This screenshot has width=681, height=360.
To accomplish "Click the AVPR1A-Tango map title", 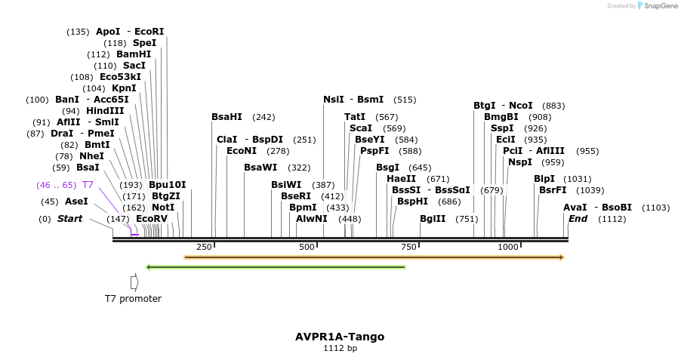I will point(340,337).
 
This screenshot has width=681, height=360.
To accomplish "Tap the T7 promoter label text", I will point(133,298).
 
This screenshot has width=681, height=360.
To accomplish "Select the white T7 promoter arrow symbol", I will point(134,282).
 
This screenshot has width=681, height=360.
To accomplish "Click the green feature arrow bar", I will point(276,266).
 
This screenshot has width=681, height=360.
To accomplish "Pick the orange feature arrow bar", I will point(374,257).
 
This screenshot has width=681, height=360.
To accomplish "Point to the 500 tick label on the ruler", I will point(307,247).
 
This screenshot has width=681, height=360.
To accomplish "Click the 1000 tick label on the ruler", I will point(508,247).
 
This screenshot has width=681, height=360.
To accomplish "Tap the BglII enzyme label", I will point(433,219).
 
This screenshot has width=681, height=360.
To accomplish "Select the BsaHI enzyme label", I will point(226,117).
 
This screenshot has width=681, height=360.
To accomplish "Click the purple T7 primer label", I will point(88,185).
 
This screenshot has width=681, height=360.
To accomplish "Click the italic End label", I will point(578,219).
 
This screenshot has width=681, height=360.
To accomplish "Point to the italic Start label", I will point(69,219).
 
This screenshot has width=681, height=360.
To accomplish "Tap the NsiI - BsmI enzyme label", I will point(353,100).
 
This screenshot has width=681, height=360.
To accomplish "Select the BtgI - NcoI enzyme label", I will point(503,106).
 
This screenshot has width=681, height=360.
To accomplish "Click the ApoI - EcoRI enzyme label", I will point(130,32).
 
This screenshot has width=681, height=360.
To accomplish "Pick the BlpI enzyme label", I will point(544,179).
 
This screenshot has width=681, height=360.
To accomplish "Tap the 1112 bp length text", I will point(340,349).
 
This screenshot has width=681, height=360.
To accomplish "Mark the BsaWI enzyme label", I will point(261,168).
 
